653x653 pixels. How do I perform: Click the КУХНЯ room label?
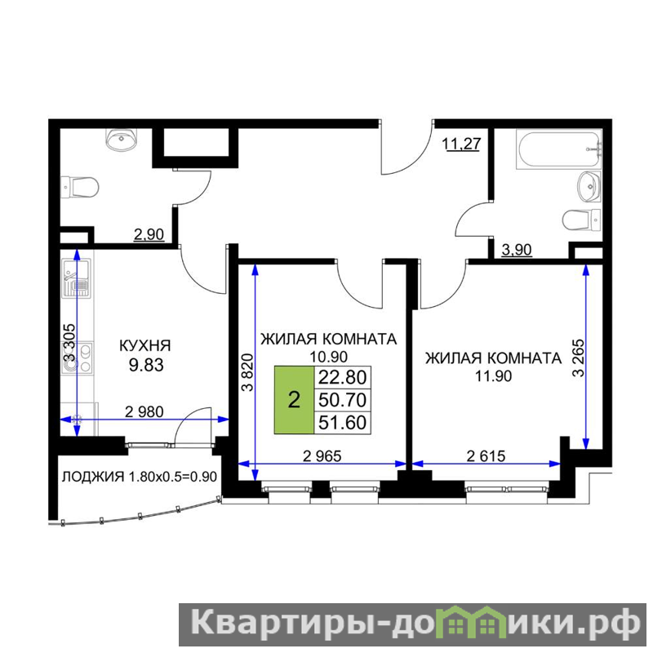(x=145, y=345)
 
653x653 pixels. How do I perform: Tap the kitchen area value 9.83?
(x=146, y=365)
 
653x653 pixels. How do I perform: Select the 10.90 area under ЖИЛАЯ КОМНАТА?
(x=329, y=357)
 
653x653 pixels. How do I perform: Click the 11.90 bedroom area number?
(x=494, y=376)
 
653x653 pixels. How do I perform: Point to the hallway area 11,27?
(x=461, y=144)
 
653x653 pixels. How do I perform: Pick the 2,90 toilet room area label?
(x=149, y=234)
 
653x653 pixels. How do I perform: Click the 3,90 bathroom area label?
(x=517, y=250)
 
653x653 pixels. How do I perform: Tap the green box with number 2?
(x=294, y=400)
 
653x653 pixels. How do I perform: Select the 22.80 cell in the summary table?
(x=342, y=377)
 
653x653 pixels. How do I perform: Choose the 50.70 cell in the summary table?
(x=342, y=400)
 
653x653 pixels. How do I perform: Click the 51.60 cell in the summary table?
(x=342, y=422)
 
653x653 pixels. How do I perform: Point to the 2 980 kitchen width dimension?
(x=144, y=412)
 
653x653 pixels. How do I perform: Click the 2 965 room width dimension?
(x=322, y=456)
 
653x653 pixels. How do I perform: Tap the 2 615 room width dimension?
(x=486, y=456)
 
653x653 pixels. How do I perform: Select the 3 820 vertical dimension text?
(x=247, y=372)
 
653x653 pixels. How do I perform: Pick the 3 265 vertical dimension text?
(x=579, y=358)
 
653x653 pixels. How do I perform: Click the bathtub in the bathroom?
(x=559, y=149)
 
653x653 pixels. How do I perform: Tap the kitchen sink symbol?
(x=76, y=278)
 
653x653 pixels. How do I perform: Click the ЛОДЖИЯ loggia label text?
(x=92, y=477)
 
